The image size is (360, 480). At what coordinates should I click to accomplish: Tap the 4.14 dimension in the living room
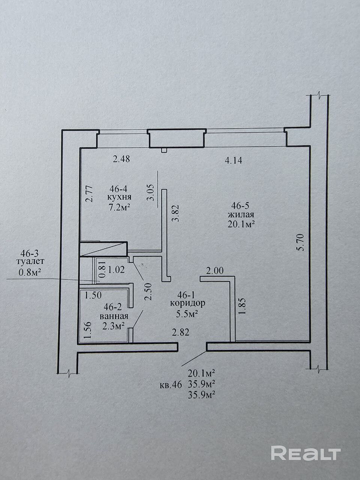coord(234,160)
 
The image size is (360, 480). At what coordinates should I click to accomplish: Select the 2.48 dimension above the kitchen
coord(121,159)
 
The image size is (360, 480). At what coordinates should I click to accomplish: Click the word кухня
coord(119,197)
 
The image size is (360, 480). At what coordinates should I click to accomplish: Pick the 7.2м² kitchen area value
coord(119,207)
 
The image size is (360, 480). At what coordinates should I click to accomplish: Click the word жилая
coord(241,215)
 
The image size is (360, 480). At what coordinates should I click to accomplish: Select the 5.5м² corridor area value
coord(187,314)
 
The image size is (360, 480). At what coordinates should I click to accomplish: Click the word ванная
coord(114,316)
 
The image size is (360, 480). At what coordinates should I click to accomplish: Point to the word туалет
coord(30,261)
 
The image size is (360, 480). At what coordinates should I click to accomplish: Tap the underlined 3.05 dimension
coord(151,193)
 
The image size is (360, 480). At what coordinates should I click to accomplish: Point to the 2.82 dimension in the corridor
coord(180,333)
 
